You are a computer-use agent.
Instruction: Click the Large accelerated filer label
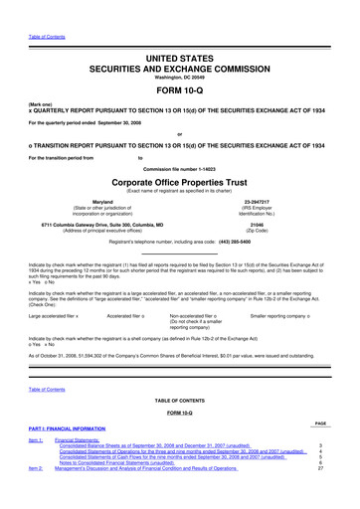[x=50, y=315]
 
